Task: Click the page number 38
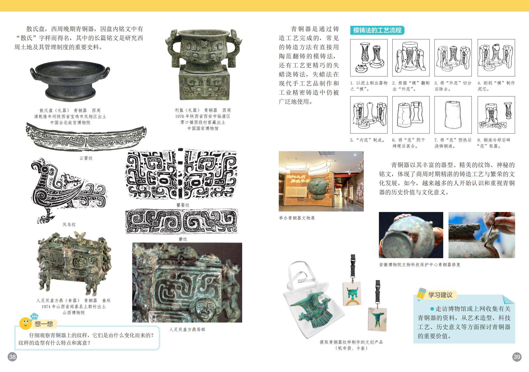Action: click(x=12, y=357)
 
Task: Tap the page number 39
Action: click(x=517, y=357)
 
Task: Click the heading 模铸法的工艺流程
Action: click(x=377, y=30)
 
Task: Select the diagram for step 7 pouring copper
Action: click(x=453, y=115)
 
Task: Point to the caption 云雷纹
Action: click(x=86, y=158)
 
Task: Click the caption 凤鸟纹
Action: click(x=69, y=224)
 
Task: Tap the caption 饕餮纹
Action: click(x=183, y=205)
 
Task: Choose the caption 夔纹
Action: click(x=183, y=239)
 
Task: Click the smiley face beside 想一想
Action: click(x=25, y=323)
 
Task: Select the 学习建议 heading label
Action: click(x=440, y=295)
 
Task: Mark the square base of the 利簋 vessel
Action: click(x=204, y=85)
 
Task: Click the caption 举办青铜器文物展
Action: click(x=297, y=218)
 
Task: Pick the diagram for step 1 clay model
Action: click(x=369, y=58)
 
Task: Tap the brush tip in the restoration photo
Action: click(x=485, y=245)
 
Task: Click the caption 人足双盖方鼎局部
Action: click(x=187, y=329)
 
